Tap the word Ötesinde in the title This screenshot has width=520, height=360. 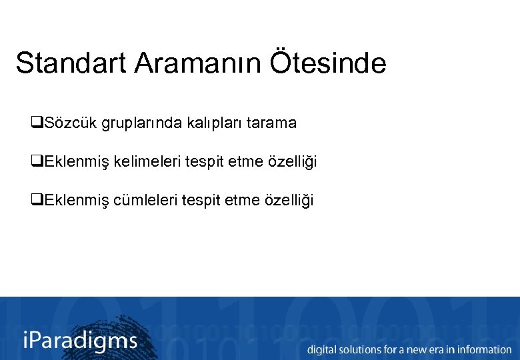point(328,63)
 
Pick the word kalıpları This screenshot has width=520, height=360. point(207,123)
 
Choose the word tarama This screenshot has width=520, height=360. point(271,123)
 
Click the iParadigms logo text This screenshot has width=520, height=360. point(80,341)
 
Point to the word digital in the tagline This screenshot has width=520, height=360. point(323,349)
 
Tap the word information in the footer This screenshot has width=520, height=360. point(484,349)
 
